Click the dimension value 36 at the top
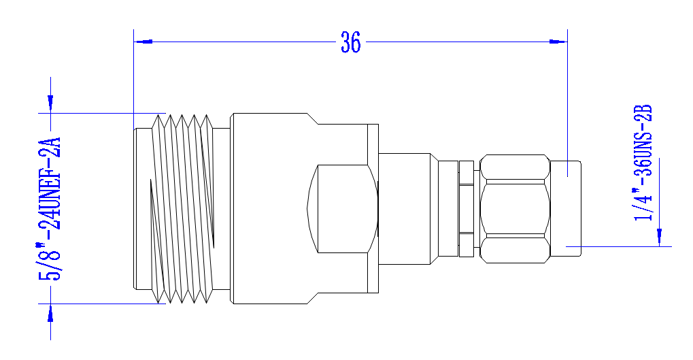[350, 42]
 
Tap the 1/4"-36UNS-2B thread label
[643, 163]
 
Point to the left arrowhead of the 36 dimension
[143, 42]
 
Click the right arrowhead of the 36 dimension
[558, 42]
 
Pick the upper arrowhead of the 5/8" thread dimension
[50, 103]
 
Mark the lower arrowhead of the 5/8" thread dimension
[50, 313]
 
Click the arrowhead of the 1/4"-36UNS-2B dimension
[660, 238]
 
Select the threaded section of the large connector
[182, 209]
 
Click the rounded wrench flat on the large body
[343, 209]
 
